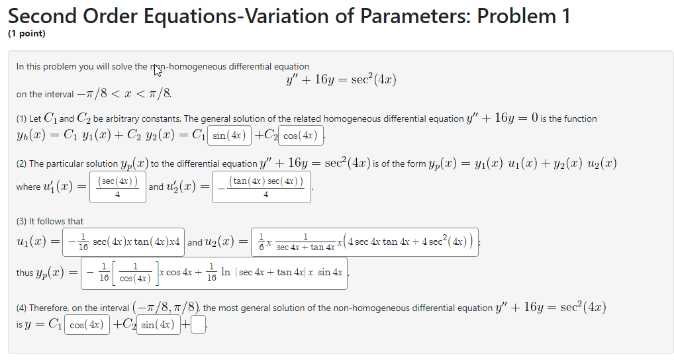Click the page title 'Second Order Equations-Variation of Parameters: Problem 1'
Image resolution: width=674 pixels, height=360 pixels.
[289, 16]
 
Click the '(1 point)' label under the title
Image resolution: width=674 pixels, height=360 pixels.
[27, 34]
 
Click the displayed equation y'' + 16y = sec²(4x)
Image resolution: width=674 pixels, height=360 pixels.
[341, 80]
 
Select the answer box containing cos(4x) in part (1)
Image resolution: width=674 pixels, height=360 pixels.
[301, 136]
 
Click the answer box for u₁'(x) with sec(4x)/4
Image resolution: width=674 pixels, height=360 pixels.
[118, 187]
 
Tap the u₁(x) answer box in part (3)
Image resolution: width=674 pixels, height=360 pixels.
[124, 242]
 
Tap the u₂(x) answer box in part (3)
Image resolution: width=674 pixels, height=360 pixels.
[365, 242]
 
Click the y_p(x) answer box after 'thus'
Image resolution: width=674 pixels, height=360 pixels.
[215, 273]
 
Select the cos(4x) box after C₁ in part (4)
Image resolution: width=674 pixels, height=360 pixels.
[86, 325]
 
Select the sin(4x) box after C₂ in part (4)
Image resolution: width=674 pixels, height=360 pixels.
[158, 325]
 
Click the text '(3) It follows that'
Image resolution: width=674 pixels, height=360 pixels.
[50, 221]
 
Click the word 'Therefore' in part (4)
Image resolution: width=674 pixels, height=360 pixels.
[49, 308]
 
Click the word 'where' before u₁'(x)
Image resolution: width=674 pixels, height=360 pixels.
[28, 187]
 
